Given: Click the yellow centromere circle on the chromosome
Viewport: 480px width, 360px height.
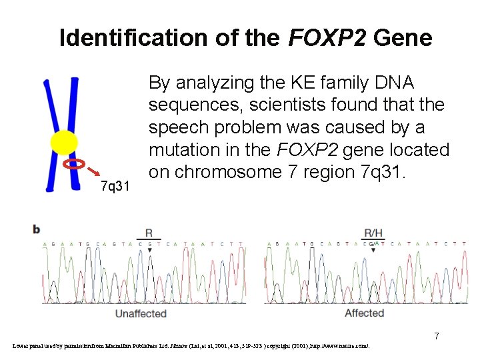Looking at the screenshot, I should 64,142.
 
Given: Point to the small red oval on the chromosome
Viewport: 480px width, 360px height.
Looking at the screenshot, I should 74,163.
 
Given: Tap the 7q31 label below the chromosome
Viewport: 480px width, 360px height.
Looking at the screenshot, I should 115,186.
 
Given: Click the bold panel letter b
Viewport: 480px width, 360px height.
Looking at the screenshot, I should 37,229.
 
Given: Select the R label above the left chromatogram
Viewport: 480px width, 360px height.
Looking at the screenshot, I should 148,233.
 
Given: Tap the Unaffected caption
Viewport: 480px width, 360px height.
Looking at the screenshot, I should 140,313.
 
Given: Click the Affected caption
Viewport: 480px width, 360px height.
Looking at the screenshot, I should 364,313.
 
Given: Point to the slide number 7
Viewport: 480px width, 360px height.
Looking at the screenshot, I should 437,336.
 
